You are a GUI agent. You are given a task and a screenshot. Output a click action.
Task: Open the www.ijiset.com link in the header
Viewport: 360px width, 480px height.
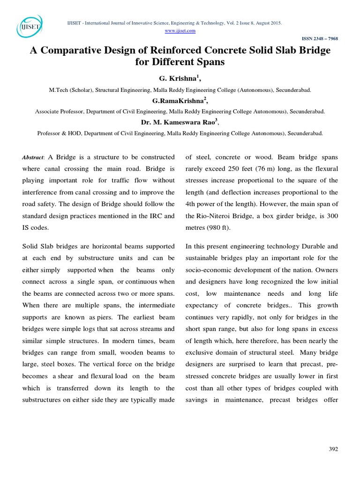180,30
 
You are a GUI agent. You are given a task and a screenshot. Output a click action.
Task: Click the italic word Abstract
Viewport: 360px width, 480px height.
33,157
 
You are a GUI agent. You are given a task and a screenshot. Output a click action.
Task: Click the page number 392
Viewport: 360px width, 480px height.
333,449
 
